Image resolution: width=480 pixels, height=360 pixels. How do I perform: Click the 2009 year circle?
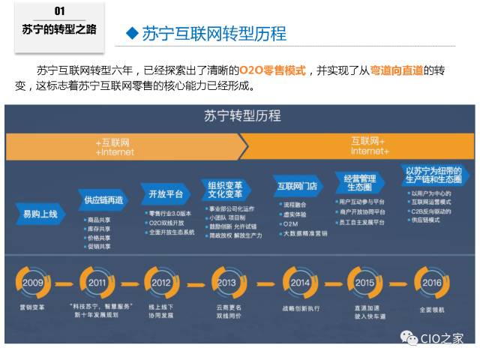[33, 283]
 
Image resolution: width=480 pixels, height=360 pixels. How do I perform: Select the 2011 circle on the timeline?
[97, 283]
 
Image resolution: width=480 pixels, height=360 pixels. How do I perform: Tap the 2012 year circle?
[160, 283]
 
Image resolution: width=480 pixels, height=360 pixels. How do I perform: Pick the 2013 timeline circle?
[226, 283]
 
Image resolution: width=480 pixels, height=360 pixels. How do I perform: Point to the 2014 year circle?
[300, 283]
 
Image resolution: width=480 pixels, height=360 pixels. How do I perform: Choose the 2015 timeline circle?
[364, 283]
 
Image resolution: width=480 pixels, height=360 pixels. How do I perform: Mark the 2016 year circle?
[432, 283]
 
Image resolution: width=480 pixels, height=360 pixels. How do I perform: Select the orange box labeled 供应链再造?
[103, 200]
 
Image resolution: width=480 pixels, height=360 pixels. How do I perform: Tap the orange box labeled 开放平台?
[166, 193]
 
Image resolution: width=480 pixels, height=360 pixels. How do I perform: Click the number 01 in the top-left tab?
[60, 11]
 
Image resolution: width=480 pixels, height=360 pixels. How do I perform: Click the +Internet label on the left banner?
[115, 151]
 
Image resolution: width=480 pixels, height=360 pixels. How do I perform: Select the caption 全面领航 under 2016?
[432, 309]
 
